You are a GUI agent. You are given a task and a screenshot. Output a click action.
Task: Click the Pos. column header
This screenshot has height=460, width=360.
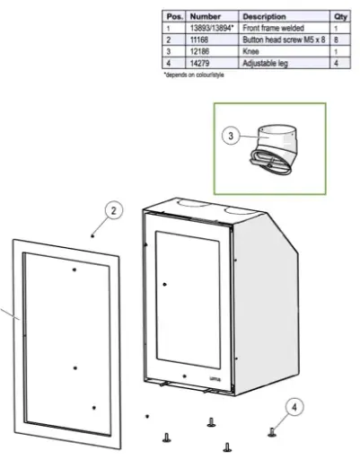pos(173,16)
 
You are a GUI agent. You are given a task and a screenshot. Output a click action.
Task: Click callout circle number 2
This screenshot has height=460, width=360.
pos(114,212)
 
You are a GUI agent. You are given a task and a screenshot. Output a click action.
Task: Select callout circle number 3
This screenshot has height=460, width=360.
pos(233,136)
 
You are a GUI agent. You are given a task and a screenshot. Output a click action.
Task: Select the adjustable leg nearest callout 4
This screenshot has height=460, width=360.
pos(271,432)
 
